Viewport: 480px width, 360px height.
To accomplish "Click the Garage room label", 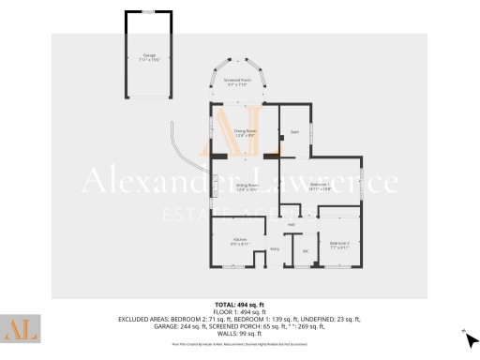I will [x=148, y=55].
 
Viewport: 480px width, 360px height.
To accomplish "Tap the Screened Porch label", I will [x=236, y=80].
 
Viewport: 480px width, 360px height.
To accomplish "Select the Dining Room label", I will [x=245, y=130].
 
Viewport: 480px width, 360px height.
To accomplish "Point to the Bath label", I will [x=294, y=131].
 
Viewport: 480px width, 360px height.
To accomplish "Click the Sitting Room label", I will [x=247, y=185].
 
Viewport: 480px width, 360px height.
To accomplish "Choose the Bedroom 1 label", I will [x=321, y=184].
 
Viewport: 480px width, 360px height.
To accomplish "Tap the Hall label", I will [x=291, y=225].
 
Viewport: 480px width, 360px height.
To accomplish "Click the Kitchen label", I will [x=239, y=241].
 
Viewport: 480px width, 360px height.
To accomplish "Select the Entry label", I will [x=275, y=248].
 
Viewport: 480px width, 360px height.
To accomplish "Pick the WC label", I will [x=306, y=250].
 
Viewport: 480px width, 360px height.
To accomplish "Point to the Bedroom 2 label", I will [x=339, y=243].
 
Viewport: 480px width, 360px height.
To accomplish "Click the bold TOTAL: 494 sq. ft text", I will [x=239, y=305].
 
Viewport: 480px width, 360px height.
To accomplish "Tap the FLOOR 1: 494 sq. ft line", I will [x=239, y=311].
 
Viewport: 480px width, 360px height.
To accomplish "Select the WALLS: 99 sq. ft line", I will [x=239, y=332].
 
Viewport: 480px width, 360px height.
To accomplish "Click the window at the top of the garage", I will [x=148, y=12].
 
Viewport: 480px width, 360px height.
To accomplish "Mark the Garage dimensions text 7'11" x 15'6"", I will [x=148, y=60].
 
